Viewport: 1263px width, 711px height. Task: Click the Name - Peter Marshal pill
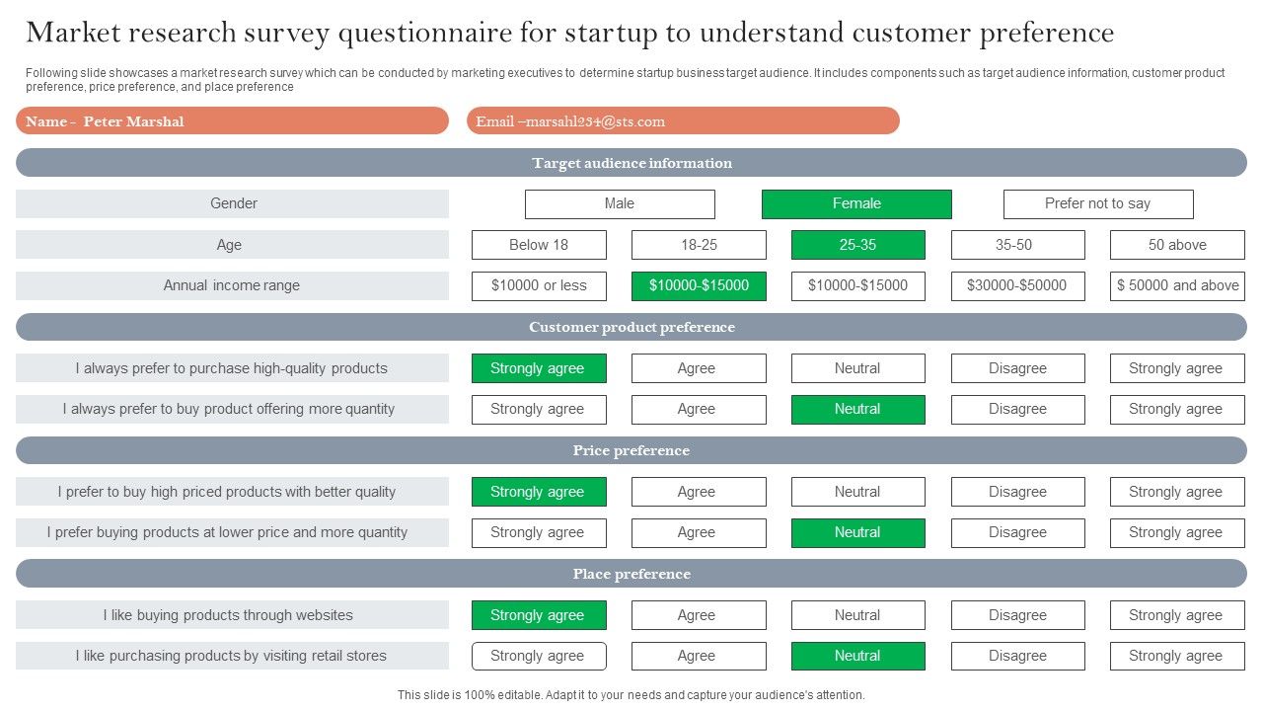click(x=232, y=121)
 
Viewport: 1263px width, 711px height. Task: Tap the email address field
click(x=683, y=121)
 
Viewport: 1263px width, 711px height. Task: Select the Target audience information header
click(x=631, y=163)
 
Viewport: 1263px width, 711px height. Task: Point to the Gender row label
click(x=232, y=203)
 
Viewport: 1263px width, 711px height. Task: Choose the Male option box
click(x=620, y=203)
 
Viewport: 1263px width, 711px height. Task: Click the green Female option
click(x=856, y=203)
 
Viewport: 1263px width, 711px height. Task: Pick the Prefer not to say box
click(x=1097, y=203)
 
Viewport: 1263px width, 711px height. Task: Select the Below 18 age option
click(x=539, y=245)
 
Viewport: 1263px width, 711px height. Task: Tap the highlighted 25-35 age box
click(x=857, y=245)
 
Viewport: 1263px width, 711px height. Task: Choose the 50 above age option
click(x=1177, y=245)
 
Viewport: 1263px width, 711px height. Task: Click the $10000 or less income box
click(x=539, y=285)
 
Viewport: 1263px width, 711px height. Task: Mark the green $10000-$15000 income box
click(x=699, y=285)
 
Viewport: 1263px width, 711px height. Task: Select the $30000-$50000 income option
click(x=1017, y=285)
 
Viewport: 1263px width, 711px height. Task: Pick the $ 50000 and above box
click(x=1177, y=285)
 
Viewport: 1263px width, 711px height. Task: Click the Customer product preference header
click(x=631, y=327)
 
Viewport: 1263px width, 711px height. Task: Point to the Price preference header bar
click(x=631, y=450)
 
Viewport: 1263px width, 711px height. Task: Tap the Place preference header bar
click(x=631, y=574)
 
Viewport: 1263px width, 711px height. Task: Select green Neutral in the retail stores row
click(x=857, y=656)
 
